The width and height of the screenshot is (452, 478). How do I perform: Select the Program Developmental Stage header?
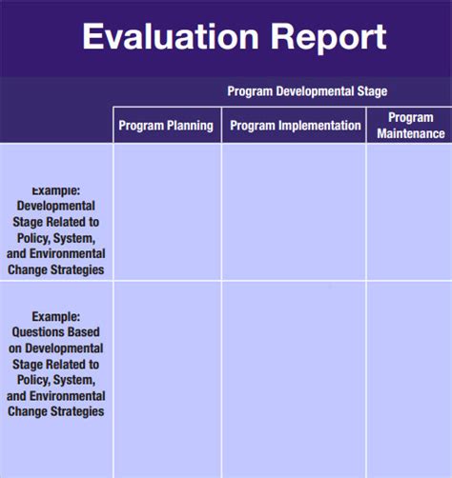[307, 91]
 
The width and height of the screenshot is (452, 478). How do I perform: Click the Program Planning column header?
[166, 126]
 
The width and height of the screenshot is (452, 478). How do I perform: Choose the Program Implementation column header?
[296, 126]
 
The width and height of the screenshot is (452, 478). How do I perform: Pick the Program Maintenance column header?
[410, 126]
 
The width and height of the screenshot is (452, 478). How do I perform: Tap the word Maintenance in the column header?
[410, 134]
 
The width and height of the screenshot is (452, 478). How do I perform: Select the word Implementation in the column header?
[320, 126]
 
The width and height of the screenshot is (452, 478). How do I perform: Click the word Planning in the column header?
[190, 126]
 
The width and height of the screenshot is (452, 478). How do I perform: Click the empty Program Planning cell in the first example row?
[167, 211]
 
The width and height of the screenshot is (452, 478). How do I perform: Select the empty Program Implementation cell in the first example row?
[294, 211]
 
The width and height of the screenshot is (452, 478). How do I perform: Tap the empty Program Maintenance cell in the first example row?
[409, 211]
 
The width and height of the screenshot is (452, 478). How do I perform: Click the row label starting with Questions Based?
[55, 365]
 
